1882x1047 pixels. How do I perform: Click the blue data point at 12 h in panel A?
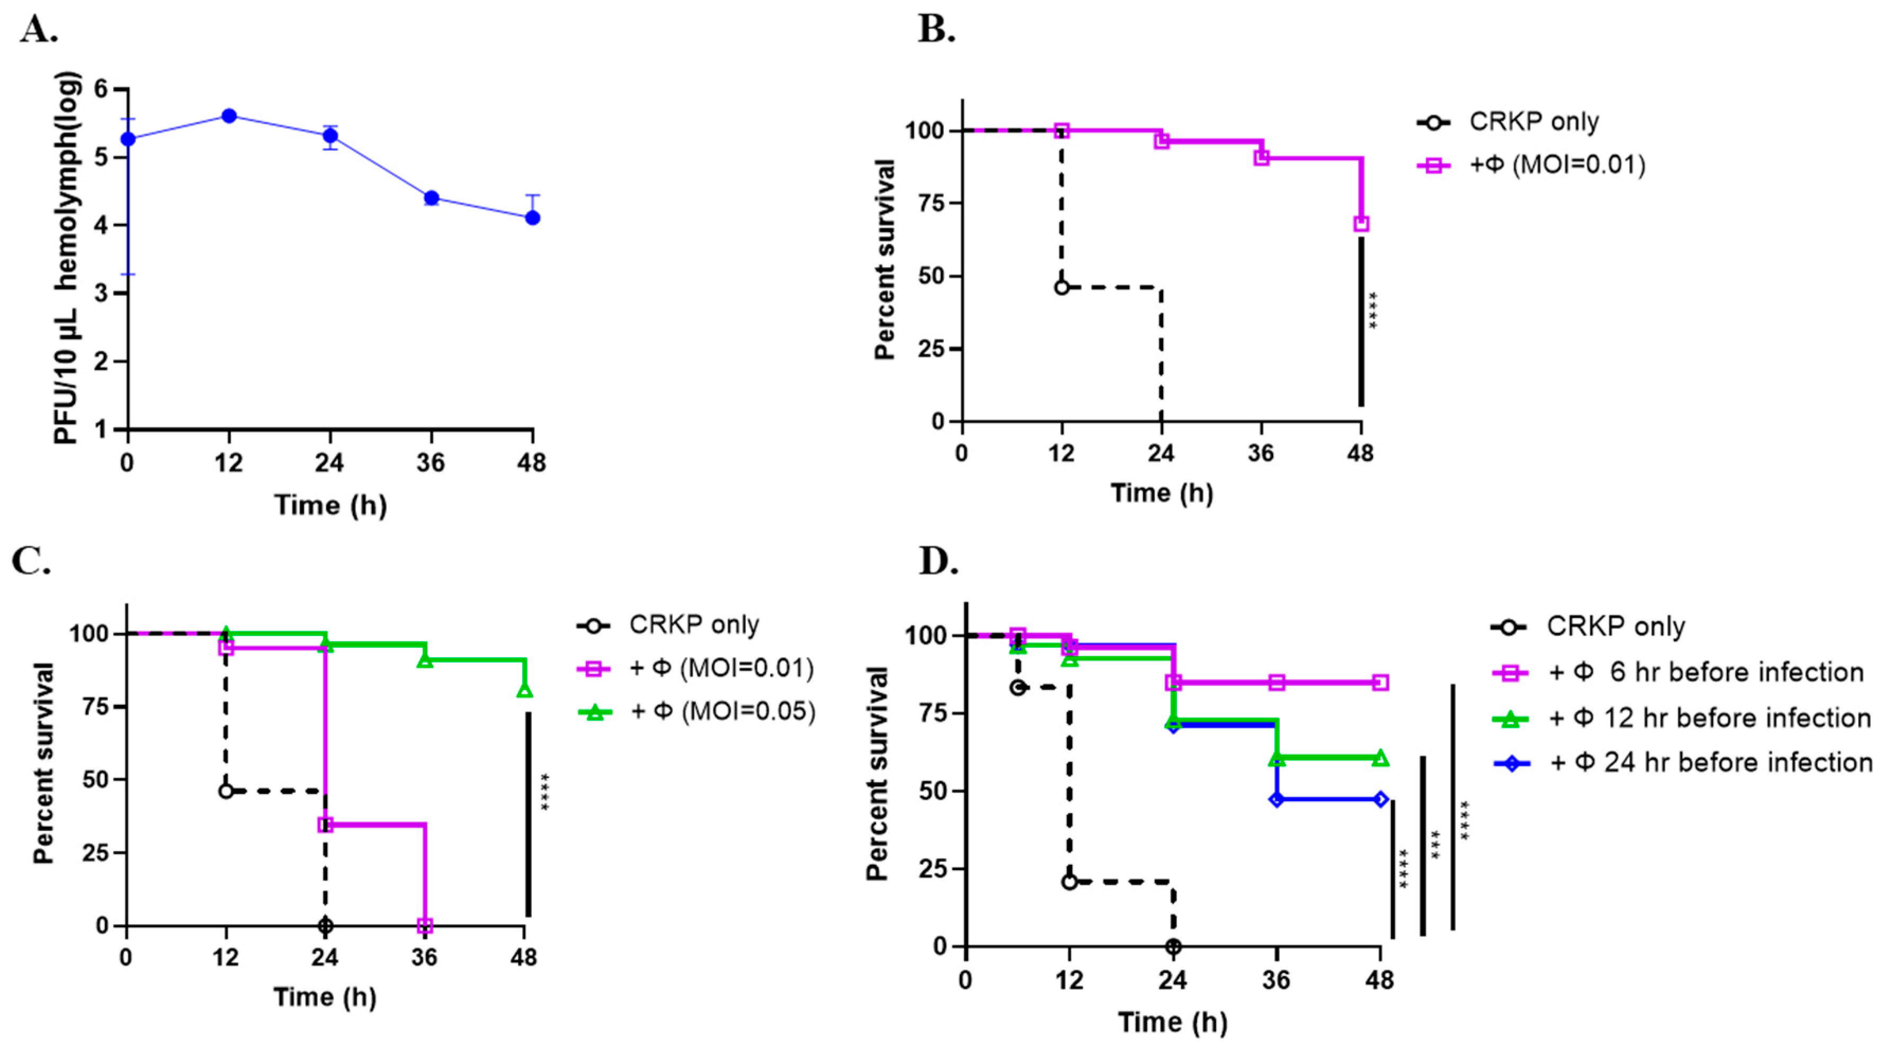coord(229,115)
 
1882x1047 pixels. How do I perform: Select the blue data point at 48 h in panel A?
coord(532,218)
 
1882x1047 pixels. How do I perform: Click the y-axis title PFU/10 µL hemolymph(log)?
coord(67,257)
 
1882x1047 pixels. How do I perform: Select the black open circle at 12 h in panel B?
coord(1062,287)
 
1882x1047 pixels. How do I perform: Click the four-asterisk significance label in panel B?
coord(1373,310)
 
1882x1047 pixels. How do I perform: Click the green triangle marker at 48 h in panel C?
coord(524,690)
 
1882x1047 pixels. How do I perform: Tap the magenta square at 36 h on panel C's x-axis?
coord(424,926)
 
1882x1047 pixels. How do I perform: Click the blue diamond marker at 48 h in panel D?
coord(1380,799)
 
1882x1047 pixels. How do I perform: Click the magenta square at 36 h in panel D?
coord(1277,683)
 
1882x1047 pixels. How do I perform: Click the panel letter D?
coord(938,561)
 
